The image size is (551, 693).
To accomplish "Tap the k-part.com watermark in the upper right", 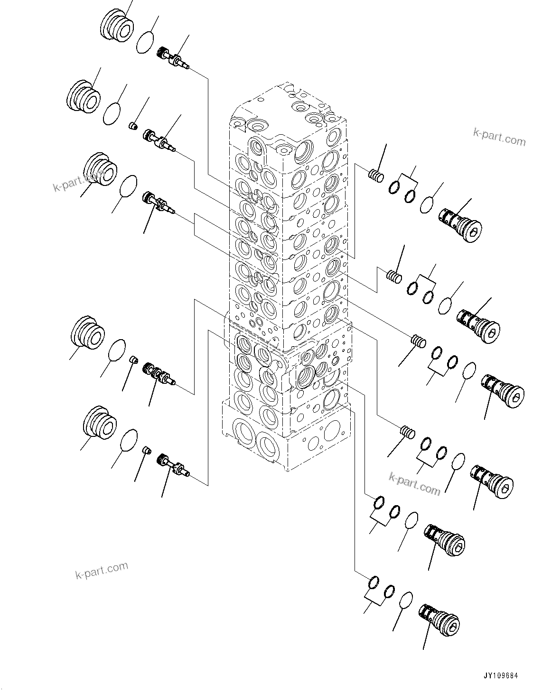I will [499, 139].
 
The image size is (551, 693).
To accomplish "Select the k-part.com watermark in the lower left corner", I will [102, 570].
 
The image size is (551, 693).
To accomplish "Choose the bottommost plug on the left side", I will [99, 422].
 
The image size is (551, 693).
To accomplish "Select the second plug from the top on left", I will [83, 96].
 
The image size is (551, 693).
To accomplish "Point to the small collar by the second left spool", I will [134, 126].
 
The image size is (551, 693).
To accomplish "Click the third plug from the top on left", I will [100, 170].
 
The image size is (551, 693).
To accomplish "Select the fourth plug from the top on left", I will [87, 333].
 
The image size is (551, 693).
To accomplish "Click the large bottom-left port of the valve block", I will [245, 433].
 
